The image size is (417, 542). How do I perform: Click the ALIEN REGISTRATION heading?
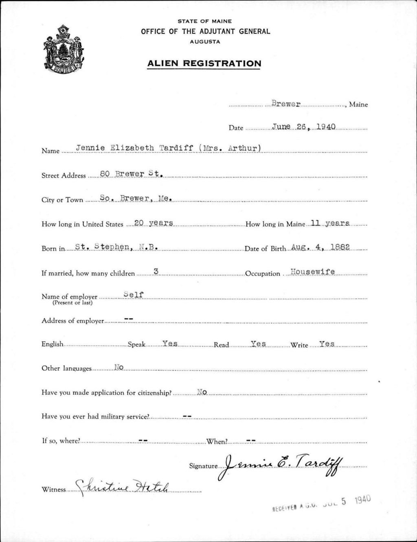[x=204, y=63]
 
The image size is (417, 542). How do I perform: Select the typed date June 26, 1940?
[x=304, y=127]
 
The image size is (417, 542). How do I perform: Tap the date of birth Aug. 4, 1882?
[x=321, y=247]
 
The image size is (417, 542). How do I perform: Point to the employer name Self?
[x=134, y=295]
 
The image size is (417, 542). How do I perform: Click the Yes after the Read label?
[x=259, y=344]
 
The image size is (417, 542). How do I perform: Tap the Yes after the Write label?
[x=327, y=344]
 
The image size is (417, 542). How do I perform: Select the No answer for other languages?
[x=119, y=367]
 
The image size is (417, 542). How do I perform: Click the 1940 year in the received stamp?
[x=363, y=500]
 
